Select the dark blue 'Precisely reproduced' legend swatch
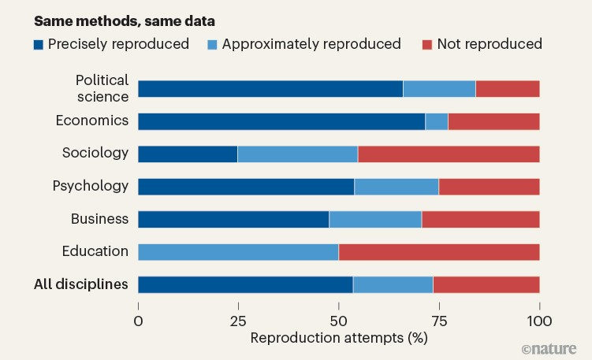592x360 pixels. (39, 44)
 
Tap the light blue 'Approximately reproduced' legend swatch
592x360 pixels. (212, 44)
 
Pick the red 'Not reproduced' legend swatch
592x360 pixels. (428, 44)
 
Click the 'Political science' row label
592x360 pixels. (102, 88)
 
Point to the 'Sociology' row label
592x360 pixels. (95, 153)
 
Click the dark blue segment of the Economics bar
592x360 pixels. (281, 121)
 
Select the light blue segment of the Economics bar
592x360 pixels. (437, 121)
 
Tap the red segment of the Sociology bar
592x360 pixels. (449, 154)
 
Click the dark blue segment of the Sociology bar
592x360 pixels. (188, 154)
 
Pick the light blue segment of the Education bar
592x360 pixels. (238, 252)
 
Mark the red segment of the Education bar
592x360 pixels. (439, 252)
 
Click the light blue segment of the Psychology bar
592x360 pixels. (397, 187)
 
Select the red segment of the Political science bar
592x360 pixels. (508, 88)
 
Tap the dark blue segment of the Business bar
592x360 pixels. (233, 219)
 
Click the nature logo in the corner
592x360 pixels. (549, 347)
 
